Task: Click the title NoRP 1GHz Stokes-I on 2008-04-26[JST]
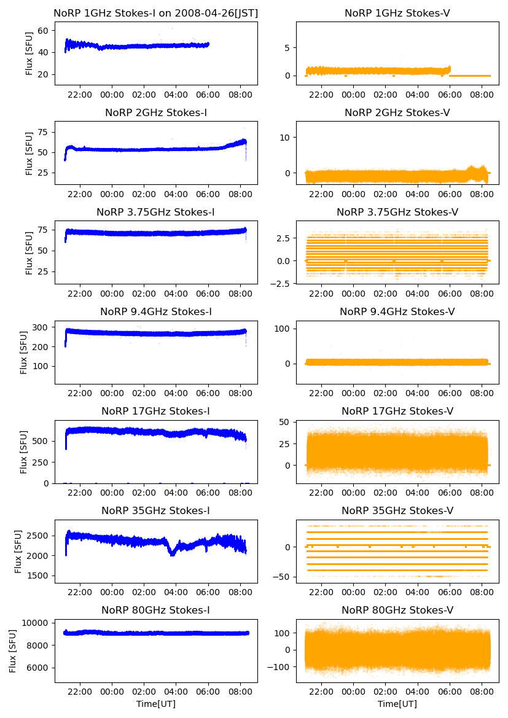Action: [156, 13]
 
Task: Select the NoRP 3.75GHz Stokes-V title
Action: [397, 213]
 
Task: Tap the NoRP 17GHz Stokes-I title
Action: [156, 411]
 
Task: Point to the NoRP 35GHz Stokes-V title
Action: [397, 510]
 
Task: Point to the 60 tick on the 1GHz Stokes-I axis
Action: [45, 29]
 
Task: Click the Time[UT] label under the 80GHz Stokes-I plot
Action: [156, 704]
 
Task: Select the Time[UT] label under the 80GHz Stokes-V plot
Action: [397, 704]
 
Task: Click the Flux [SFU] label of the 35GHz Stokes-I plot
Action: [19, 551]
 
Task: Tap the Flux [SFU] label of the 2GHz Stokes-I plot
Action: [29, 153]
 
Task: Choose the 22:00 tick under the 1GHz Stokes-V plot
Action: [321, 95]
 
